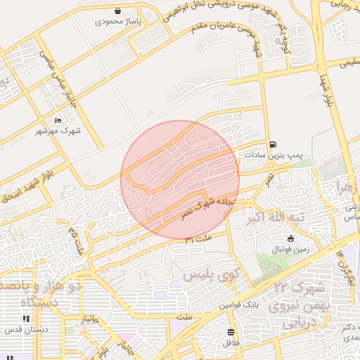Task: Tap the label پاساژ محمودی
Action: point(119,22)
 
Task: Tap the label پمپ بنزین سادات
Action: point(273,154)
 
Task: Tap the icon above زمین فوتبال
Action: point(291,238)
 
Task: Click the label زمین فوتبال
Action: point(291,250)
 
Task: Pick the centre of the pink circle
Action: point(180,179)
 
